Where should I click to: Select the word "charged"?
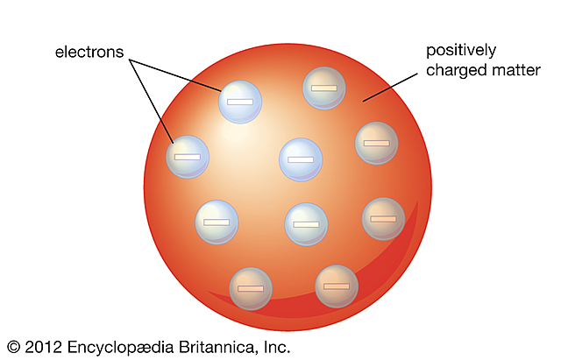pyautogui.click(x=455, y=71)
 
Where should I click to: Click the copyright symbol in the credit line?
pyautogui.click(x=13, y=347)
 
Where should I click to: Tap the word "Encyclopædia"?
pyautogui.click(x=122, y=347)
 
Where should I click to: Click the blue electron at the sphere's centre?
pyautogui.click(x=301, y=160)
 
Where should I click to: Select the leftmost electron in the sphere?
pyautogui.click(x=188, y=157)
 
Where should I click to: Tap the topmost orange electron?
pyautogui.click(x=324, y=88)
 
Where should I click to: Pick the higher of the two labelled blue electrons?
pyautogui.click(x=240, y=102)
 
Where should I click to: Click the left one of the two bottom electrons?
pyautogui.click(x=251, y=288)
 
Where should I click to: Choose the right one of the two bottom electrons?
pyautogui.click(x=337, y=286)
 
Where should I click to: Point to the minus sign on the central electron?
pyautogui.click(x=301, y=160)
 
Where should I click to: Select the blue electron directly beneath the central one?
pyautogui.click(x=306, y=224)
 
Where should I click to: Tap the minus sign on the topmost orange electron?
pyautogui.click(x=324, y=88)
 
